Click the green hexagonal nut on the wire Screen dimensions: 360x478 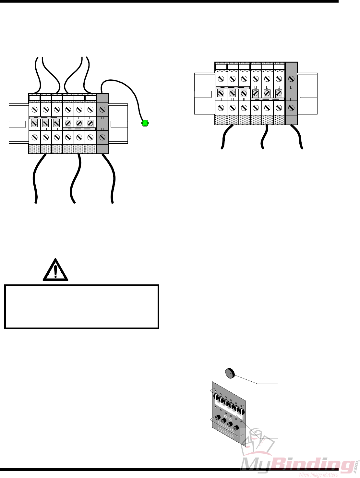coord(145,123)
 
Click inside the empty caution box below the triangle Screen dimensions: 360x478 coord(81,307)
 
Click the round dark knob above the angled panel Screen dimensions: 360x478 coord(230,373)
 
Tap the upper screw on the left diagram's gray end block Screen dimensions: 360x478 coord(102,110)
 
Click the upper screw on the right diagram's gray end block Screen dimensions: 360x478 coord(291,79)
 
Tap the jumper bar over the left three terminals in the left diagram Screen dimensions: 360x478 coord(45,118)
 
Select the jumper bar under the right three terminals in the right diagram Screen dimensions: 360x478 coord(267,99)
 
